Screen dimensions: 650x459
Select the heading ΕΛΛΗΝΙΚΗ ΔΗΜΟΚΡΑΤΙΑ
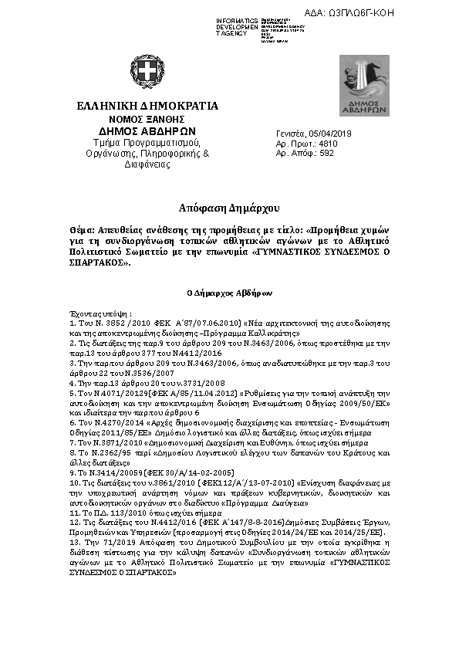tap(147, 107)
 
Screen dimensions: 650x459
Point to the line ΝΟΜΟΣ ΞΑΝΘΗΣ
tap(147, 120)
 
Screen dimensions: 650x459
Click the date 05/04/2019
tap(330, 134)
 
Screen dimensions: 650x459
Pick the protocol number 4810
tap(328, 144)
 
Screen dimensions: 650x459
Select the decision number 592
tap(326, 154)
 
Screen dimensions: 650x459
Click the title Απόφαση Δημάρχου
tap(229, 208)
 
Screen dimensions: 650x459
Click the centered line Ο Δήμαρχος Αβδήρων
tap(230, 293)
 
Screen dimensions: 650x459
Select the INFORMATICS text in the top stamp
tap(237, 19)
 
